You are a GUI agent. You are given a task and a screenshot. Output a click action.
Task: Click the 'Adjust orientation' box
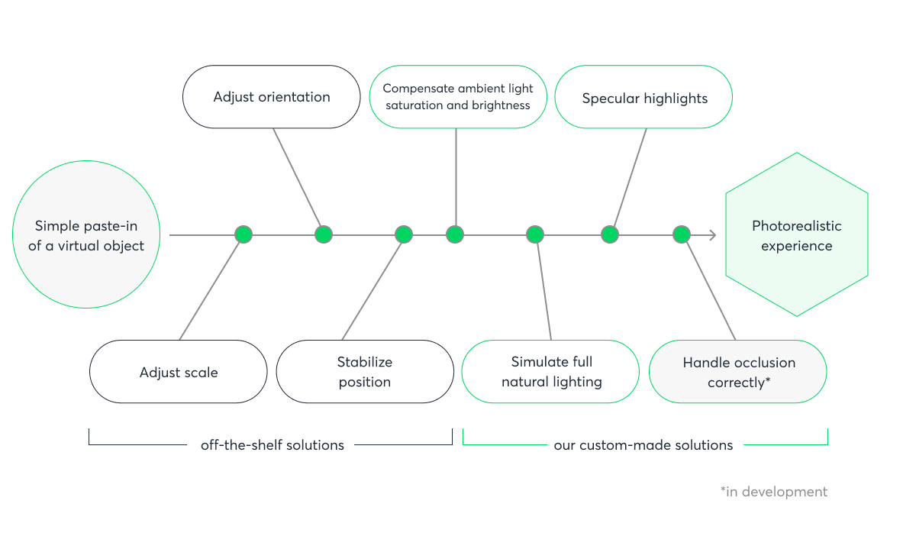point(271,97)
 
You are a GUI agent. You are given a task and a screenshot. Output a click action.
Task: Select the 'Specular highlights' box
point(643,97)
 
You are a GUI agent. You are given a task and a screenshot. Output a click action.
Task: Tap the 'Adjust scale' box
point(179,372)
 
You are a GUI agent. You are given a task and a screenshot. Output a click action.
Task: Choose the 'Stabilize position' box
point(365,372)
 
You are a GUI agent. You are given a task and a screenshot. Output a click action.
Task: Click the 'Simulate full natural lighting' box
point(550,372)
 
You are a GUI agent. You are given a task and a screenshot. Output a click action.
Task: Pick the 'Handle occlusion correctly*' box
point(737,372)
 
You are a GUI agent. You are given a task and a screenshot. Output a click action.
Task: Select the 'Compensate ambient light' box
point(458,97)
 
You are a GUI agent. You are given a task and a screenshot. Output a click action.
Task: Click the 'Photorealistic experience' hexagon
point(796,235)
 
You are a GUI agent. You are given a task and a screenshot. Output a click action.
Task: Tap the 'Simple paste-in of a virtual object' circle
point(86,235)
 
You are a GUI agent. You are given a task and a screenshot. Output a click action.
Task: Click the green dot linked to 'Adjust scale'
point(244,234)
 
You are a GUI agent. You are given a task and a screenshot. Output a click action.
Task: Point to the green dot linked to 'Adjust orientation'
point(324,234)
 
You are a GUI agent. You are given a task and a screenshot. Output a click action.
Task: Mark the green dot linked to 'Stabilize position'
point(404,234)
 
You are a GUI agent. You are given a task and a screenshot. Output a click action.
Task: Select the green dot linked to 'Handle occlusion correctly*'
point(682,234)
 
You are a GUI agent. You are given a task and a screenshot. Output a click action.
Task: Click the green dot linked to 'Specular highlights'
point(609,234)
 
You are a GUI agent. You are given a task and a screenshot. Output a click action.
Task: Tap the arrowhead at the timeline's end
point(713,235)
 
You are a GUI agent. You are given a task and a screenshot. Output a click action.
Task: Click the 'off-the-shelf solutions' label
point(272,444)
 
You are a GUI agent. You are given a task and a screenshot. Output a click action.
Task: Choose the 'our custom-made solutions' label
point(643,444)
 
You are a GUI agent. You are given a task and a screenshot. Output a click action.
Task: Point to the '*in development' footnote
point(773,492)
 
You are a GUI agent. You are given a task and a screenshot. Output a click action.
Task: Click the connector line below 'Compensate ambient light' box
point(456,176)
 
